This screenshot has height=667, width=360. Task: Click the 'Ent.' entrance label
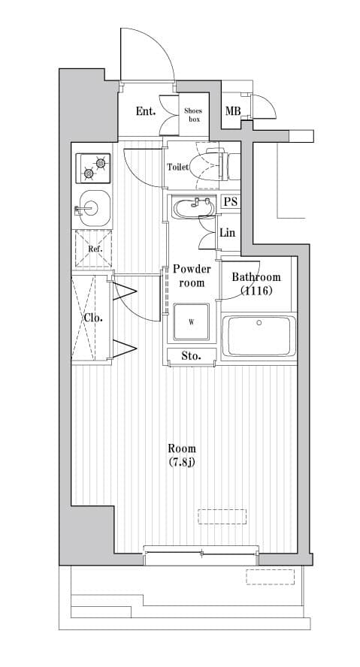click(x=146, y=112)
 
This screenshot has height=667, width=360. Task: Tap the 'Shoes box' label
click(x=194, y=115)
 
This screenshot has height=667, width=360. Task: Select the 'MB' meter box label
click(x=233, y=113)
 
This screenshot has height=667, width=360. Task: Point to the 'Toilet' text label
click(x=177, y=168)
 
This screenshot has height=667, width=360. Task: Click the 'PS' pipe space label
click(x=230, y=202)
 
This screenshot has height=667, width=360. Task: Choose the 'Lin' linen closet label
click(x=228, y=233)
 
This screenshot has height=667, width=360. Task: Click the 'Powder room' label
click(x=192, y=276)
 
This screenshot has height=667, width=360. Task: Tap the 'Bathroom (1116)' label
click(x=256, y=283)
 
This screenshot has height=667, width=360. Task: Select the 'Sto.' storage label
click(x=192, y=355)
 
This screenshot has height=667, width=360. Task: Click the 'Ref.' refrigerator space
click(x=93, y=249)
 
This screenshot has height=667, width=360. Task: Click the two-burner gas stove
click(x=93, y=167)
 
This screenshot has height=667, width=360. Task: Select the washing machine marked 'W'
click(x=192, y=323)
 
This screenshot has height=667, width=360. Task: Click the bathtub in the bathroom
click(x=259, y=337)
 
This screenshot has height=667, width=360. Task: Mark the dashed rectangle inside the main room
click(x=222, y=516)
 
